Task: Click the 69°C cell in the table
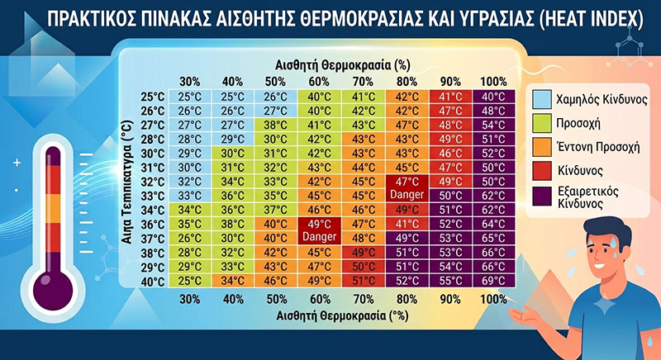[x=493, y=281]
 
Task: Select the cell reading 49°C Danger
[x=319, y=230]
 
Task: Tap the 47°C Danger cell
[x=407, y=188]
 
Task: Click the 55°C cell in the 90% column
[x=450, y=281]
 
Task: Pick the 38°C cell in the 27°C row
[x=275, y=125]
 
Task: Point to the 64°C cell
[x=493, y=224]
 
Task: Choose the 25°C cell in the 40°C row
[x=190, y=281]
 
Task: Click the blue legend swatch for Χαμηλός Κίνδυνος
[x=542, y=99]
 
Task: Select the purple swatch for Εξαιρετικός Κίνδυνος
[x=542, y=197]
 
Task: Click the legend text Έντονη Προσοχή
[x=598, y=147]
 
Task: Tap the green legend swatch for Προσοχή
[x=542, y=123]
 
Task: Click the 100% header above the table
[x=493, y=81]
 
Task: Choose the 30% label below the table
[x=190, y=300]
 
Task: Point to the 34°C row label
[x=152, y=210]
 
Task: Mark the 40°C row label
[x=152, y=282]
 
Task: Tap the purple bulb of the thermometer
[x=53, y=291]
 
